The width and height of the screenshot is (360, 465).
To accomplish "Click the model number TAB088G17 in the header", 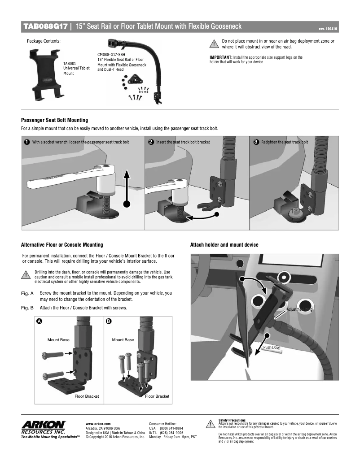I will (45, 27).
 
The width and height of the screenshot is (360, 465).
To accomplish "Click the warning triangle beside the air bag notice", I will (214, 43).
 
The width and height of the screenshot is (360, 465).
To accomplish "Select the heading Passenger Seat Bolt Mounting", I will (54, 120).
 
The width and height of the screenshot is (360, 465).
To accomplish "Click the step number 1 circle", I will (27, 142).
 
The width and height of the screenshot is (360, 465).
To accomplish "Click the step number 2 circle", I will (151, 142).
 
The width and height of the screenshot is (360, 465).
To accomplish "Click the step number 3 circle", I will (256, 142).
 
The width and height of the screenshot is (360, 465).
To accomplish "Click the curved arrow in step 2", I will (202, 217).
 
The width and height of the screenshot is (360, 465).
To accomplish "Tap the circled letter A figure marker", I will (40, 322).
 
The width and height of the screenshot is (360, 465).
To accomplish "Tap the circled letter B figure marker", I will (109, 322).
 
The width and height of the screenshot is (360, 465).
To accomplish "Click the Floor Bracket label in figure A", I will (87, 396).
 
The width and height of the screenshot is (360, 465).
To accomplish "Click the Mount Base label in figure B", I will (123, 340).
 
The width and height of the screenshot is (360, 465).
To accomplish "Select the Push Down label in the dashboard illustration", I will (272, 348).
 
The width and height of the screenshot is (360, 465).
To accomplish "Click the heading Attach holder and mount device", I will (224, 245).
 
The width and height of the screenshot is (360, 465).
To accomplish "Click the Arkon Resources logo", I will (44, 426).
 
